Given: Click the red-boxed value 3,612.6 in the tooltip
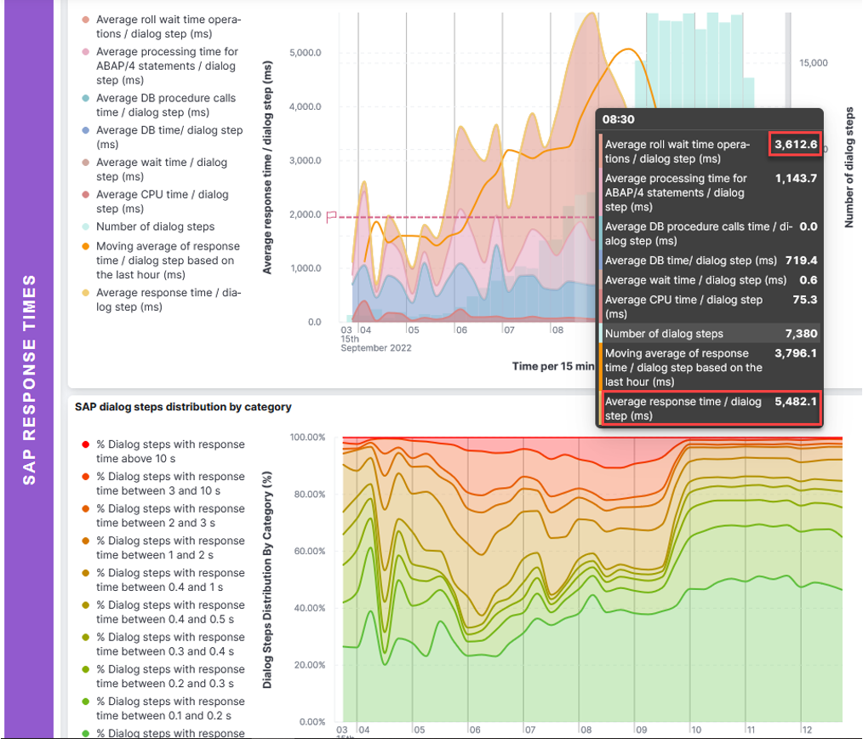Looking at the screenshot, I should pos(795,145).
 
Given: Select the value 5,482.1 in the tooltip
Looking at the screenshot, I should pos(795,402).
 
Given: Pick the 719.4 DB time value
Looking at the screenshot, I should pos(801,261).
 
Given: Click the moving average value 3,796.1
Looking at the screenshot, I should pos(795,353).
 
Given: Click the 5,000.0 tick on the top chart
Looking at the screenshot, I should pos(305,53).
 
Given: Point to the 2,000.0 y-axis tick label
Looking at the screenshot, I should pos(305,215).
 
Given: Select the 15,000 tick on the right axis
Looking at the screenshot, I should pos(814,63).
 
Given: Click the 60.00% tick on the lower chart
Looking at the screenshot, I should pos(307,552).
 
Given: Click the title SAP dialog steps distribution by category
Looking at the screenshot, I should pos(183,407).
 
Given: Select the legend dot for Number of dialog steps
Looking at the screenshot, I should pos(86,227).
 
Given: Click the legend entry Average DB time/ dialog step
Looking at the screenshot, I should pos(169,130).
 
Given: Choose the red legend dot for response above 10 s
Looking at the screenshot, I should pos(86,444).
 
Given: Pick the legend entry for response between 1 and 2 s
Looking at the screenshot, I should pos(169,548).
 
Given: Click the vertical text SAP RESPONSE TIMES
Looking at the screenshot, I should pos(30,380).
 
